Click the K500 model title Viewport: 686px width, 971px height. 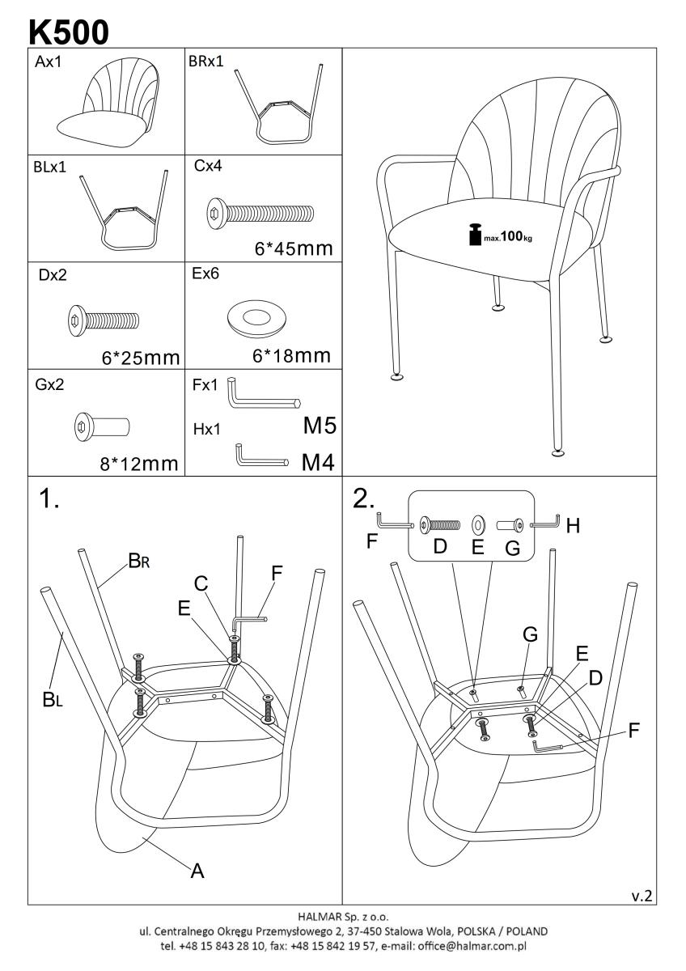point(69,32)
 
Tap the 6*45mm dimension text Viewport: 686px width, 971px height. point(294,249)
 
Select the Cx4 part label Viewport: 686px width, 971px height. point(208,166)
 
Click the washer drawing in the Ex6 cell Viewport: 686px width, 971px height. point(256,318)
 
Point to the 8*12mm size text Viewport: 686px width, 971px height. point(139,464)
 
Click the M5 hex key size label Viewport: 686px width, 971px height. point(320,426)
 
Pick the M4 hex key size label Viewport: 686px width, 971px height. point(318,462)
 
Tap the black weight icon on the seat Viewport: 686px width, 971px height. point(475,235)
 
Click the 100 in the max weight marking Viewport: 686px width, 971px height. point(512,236)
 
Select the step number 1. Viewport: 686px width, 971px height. point(49,498)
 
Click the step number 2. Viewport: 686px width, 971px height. point(363,498)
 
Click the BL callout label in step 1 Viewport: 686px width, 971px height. point(53,699)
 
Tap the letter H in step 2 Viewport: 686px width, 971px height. point(573,526)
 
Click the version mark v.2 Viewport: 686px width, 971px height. point(642,896)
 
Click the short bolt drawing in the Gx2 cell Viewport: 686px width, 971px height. point(102,427)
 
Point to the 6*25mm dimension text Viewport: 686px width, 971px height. point(141,358)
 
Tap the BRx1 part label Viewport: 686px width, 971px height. point(205,61)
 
